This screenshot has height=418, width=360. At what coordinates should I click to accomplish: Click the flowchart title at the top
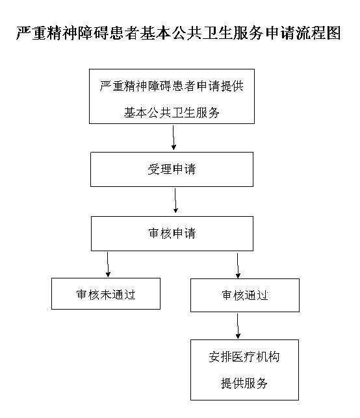(179, 34)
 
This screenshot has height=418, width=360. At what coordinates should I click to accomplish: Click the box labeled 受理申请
(172, 170)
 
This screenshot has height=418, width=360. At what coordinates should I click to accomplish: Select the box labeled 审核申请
(172, 233)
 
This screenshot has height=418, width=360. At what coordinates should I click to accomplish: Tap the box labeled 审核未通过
(105, 294)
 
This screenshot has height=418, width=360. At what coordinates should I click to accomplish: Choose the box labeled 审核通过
(244, 295)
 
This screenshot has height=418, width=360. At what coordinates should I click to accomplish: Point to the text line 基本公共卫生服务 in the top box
(172, 113)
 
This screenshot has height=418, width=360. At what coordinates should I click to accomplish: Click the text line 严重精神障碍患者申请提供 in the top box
(172, 86)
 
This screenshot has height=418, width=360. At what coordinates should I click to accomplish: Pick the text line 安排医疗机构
(244, 357)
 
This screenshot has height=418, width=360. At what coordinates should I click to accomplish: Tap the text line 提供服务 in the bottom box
(244, 383)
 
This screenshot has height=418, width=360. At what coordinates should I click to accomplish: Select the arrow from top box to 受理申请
(174, 138)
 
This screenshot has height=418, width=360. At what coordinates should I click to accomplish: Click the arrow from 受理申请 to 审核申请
(175, 201)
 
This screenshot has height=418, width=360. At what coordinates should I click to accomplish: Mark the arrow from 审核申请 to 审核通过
(238, 264)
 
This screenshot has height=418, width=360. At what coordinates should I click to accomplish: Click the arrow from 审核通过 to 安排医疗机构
(238, 326)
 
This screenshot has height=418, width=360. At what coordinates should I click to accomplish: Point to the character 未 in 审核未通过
(105, 294)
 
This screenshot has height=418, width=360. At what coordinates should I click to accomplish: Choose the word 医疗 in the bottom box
(244, 357)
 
